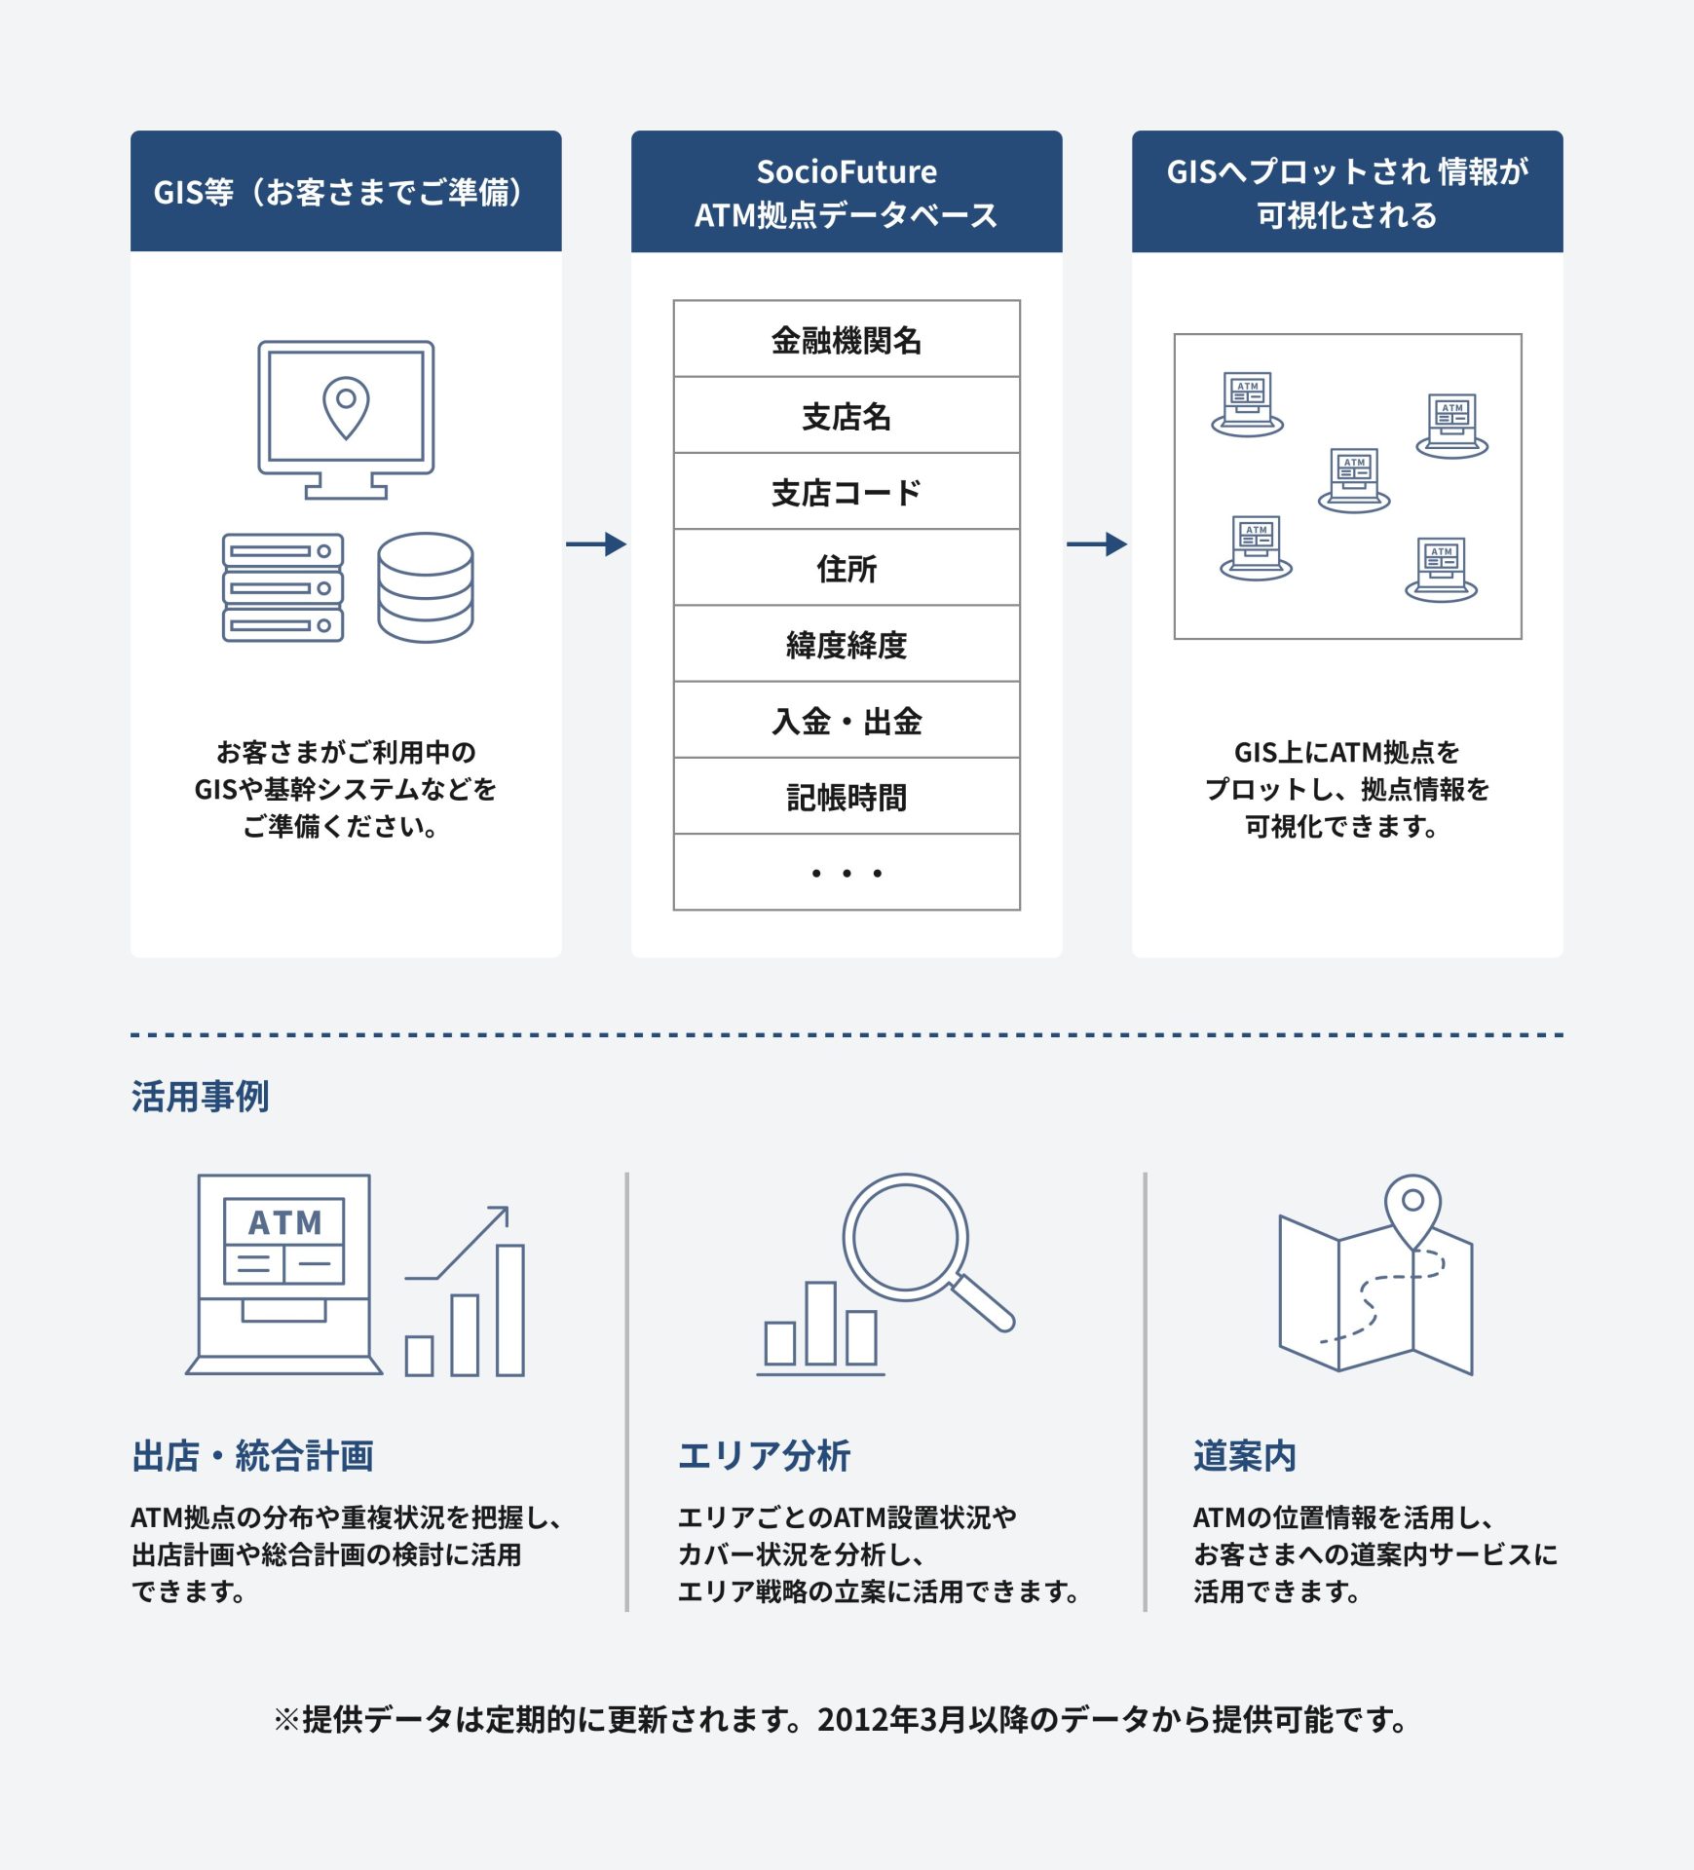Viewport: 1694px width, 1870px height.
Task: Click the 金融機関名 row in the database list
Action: click(847, 339)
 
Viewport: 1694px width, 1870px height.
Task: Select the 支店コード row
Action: click(847, 492)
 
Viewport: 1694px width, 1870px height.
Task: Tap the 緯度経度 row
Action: click(847, 644)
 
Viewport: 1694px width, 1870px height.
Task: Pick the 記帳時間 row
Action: click(847, 797)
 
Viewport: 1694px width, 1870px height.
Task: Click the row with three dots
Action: click(847, 873)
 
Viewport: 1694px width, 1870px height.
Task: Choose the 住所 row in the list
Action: click(847, 568)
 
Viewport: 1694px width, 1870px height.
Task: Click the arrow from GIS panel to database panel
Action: click(596, 543)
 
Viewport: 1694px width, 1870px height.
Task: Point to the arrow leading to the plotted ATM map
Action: click(1097, 543)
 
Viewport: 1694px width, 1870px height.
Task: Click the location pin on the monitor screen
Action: click(346, 408)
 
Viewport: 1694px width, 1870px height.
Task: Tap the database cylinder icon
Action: click(426, 587)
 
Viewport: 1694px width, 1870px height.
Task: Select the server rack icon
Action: click(282, 587)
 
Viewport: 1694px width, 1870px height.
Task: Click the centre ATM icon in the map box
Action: click(1354, 480)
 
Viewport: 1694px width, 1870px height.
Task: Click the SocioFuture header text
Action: click(847, 171)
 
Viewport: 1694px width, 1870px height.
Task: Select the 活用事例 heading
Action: click(201, 1097)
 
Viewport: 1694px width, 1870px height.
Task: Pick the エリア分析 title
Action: click(765, 1456)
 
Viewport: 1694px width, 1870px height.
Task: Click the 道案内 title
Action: click(1245, 1456)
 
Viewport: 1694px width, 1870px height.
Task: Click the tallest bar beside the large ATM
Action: click(510, 1310)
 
